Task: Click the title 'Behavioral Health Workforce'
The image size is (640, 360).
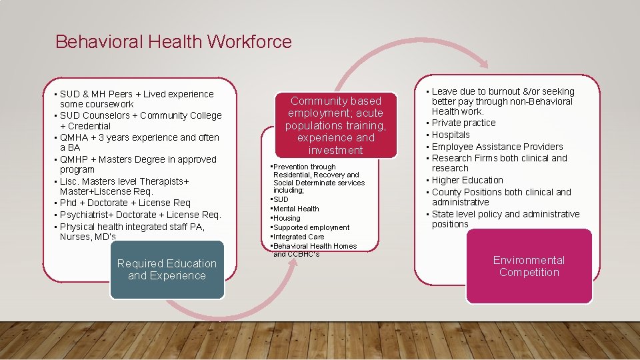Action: pyautogui.click(x=173, y=42)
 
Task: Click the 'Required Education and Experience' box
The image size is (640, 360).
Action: pyautogui.click(x=167, y=270)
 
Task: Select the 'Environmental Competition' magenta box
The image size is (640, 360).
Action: pyautogui.click(x=529, y=266)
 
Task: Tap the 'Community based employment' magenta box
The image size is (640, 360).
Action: pyautogui.click(x=335, y=125)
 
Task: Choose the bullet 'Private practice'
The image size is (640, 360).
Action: pyautogui.click(x=463, y=123)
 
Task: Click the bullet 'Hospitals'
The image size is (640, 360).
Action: pyautogui.click(x=451, y=135)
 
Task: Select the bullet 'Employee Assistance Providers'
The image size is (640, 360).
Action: pyautogui.click(x=497, y=147)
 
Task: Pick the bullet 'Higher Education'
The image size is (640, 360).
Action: pyautogui.click(x=467, y=180)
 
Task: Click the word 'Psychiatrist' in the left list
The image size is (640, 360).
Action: pyautogui.click(x=86, y=215)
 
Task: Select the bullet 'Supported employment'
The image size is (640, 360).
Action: pyautogui.click(x=311, y=227)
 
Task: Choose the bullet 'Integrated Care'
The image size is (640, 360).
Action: pyautogui.click(x=298, y=237)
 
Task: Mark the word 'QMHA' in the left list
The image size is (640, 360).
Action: pyautogui.click(x=73, y=137)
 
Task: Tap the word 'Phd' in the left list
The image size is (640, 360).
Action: pyautogui.click(x=68, y=203)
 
